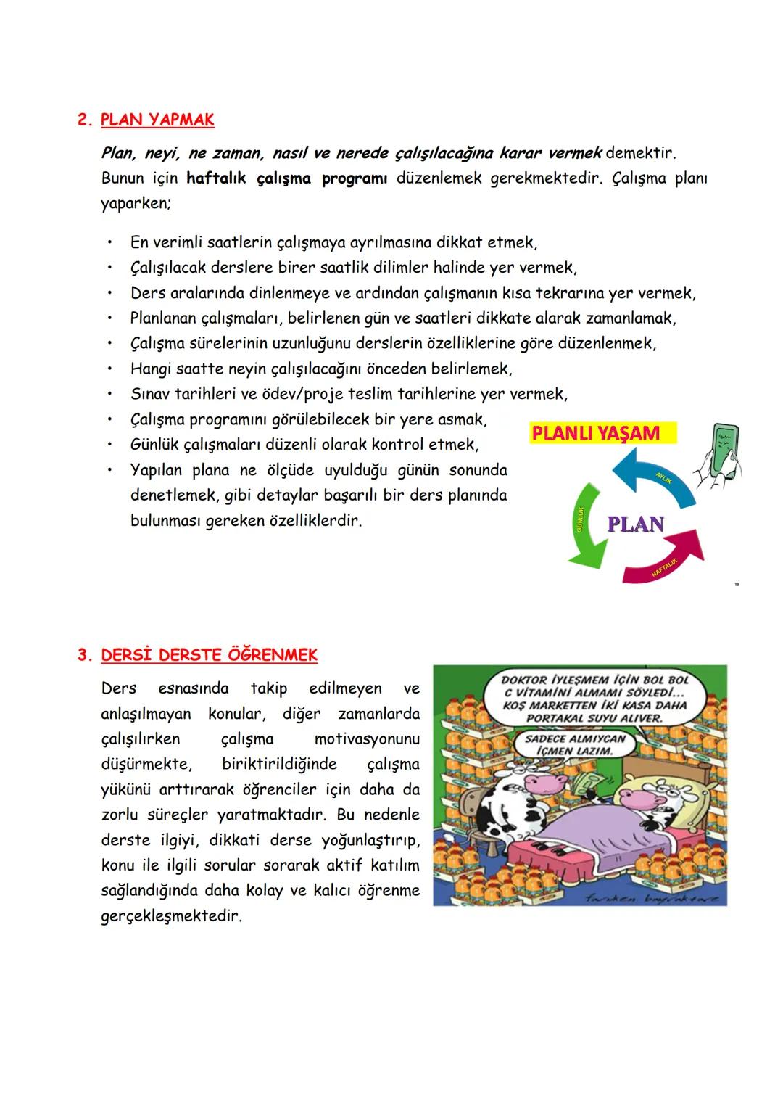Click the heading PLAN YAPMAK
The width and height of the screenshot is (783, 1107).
[x=157, y=120]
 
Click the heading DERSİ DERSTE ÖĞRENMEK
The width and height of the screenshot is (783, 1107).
[x=209, y=655]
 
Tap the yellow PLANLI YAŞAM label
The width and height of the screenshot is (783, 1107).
[x=596, y=434]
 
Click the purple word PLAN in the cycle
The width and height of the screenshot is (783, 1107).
[x=635, y=524]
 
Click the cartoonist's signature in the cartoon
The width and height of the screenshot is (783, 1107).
[x=652, y=898]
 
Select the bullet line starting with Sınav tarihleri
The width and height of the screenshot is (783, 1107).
[x=348, y=394]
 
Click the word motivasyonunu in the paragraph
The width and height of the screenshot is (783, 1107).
[x=366, y=739]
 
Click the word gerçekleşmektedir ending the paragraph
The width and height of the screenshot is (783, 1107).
[x=170, y=916]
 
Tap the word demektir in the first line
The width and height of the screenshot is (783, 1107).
[x=640, y=153]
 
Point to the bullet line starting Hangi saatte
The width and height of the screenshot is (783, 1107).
[x=320, y=369]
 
